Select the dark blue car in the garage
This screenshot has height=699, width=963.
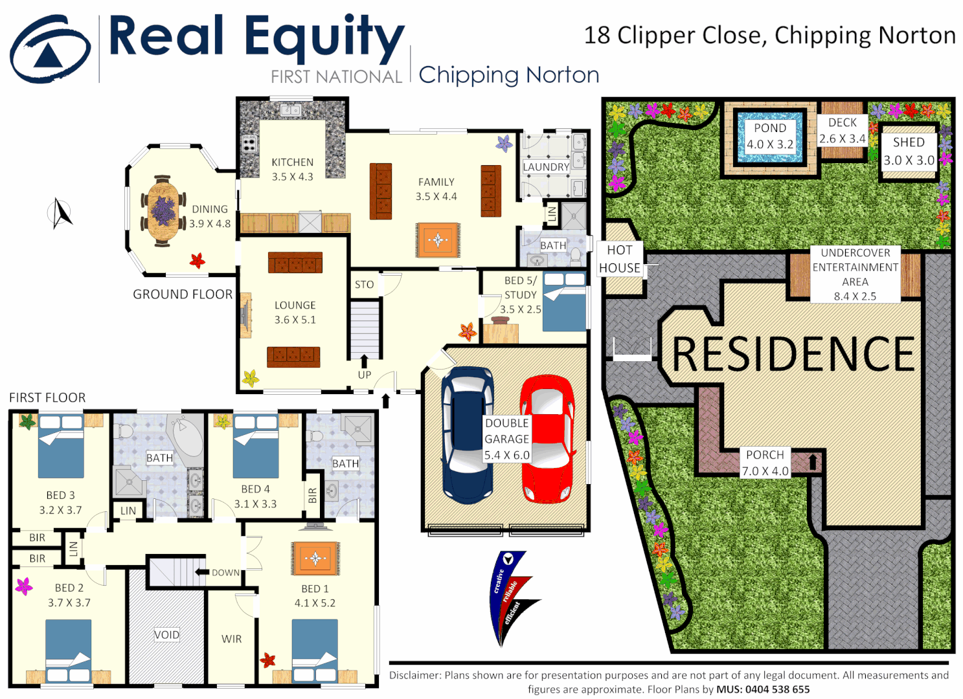(467, 435)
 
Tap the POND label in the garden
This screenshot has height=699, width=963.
(769, 128)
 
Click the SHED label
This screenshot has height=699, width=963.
(909, 142)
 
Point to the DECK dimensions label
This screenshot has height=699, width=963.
(842, 139)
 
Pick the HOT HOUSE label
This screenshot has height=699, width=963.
(620, 259)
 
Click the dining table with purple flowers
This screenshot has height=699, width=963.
(163, 210)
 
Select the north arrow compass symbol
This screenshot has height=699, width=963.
(61, 214)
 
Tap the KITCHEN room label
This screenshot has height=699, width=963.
(292, 162)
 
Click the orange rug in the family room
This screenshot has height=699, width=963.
(438, 240)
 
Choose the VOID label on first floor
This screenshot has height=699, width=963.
(166, 635)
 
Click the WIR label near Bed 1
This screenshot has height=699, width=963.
(231, 639)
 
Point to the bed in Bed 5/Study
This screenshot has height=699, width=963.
(564, 302)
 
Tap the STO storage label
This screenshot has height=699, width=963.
(364, 285)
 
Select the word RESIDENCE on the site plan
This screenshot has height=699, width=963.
(793, 354)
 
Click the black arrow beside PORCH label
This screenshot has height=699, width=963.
(813, 462)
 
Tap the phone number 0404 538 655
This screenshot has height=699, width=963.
(777, 689)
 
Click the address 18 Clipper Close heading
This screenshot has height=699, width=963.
(769, 36)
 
